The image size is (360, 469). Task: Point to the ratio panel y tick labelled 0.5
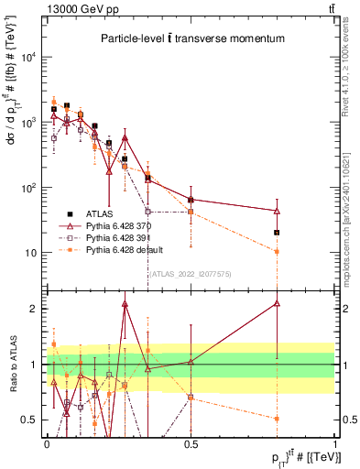click(x=30, y=420)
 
